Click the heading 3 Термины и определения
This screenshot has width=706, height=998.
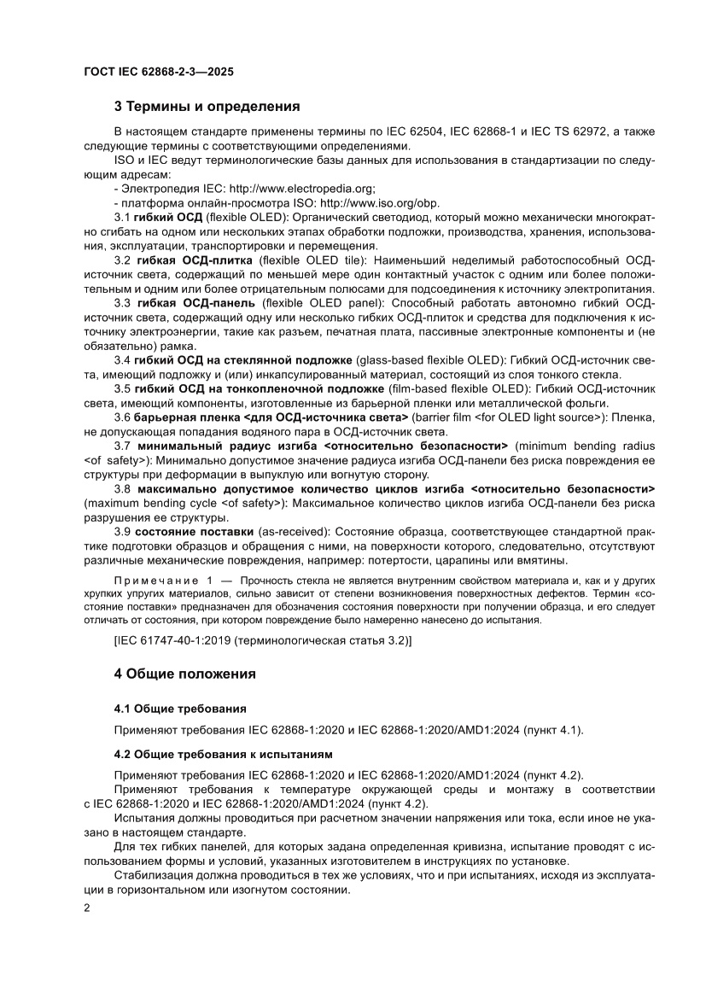(x=207, y=108)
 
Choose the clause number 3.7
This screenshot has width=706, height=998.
(x=122, y=446)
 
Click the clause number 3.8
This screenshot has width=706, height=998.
(x=122, y=488)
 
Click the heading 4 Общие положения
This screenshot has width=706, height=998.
(x=185, y=674)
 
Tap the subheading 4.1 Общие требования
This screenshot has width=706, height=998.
(x=180, y=709)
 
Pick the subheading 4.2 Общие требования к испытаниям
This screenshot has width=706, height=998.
(x=223, y=755)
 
